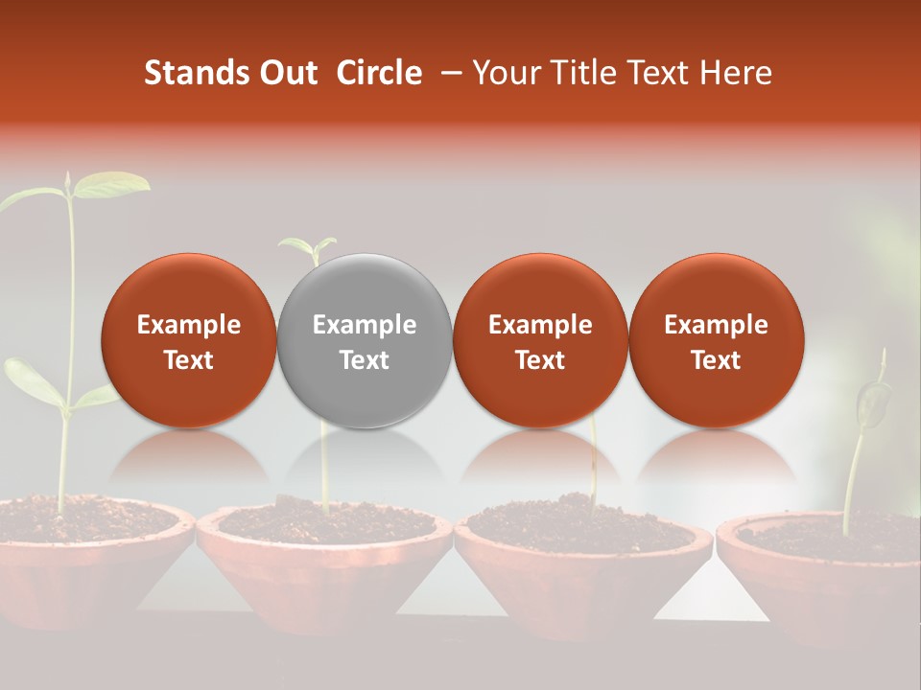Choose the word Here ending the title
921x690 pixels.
[736, 73]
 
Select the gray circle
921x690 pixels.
[365, 340]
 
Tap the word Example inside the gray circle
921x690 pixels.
[365, 325]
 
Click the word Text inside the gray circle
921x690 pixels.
[365, 360]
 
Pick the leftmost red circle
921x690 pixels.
[188, 340]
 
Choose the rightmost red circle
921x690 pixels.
[716, 340]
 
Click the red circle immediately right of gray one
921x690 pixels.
[540, 340]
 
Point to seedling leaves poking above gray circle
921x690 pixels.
[308, 248]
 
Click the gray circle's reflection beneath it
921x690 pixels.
[365, 460]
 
